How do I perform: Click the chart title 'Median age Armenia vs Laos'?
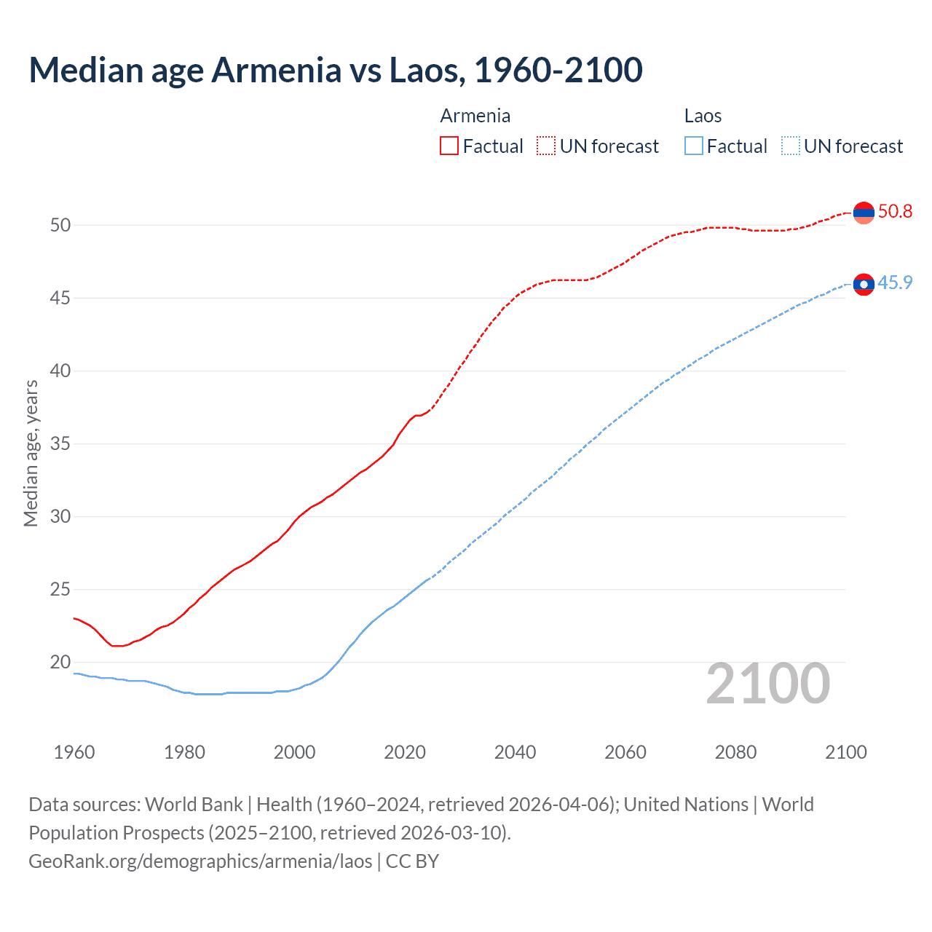coord(335,70)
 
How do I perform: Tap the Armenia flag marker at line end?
coord(864,213)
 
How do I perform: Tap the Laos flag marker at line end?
coord(864,284)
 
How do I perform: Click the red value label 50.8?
coord(895,212)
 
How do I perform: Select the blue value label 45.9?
coord(895,283)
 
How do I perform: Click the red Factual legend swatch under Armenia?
coord(449,146)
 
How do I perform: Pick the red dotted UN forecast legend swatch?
coord(546,146)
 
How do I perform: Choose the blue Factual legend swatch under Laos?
coord(694,146)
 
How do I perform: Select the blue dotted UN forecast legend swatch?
coord(791,146)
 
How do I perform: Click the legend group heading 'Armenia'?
coord(475,116)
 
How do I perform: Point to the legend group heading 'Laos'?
coord(703,116)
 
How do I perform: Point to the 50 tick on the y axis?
coord(60,225)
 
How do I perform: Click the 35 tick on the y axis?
coord(60,443)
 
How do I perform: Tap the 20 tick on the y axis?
coord(60,662)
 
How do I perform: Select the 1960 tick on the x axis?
coord(74,752)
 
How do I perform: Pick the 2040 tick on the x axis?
coord(515,752)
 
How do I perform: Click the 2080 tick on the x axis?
coord(735,752)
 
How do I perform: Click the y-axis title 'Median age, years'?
coord(31,453)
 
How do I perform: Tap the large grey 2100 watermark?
coord(768,683)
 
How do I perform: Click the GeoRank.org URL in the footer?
coord(200,861)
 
